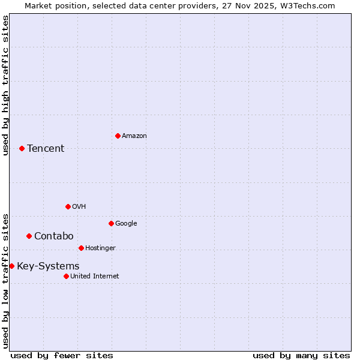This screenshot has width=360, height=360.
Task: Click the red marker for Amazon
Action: [118, 136]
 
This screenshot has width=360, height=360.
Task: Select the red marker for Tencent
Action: [22, 148]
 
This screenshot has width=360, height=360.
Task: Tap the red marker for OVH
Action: [68, 206]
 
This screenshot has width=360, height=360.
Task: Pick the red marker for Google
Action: [111, 223]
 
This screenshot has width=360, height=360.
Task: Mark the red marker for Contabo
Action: [29, 236]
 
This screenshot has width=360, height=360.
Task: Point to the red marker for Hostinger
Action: [81, 248]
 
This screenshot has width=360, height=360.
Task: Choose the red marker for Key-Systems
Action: [11, 266]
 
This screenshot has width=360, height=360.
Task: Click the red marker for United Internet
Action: [66, 276]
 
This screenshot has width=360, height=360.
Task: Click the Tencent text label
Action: [46, 148]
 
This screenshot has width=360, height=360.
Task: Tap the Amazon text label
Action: [134, 136]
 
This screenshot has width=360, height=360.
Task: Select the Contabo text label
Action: [53, 236]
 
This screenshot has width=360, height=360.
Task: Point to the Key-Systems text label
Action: [48, 266]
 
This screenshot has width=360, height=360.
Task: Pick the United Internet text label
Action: [94, 276]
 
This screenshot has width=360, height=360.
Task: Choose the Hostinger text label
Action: [100, 248]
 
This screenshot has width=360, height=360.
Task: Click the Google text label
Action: [126, 223]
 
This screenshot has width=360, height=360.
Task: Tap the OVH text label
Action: [79, 206]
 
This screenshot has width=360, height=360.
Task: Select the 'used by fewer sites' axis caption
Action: [62, 355]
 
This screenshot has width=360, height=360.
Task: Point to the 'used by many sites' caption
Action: [301, 355]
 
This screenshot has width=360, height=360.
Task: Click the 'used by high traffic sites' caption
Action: [5, 85]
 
